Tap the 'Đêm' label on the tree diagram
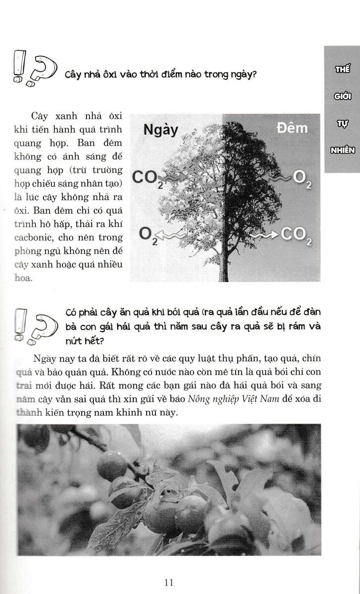(292, 128)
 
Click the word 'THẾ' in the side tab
(342, 69)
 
